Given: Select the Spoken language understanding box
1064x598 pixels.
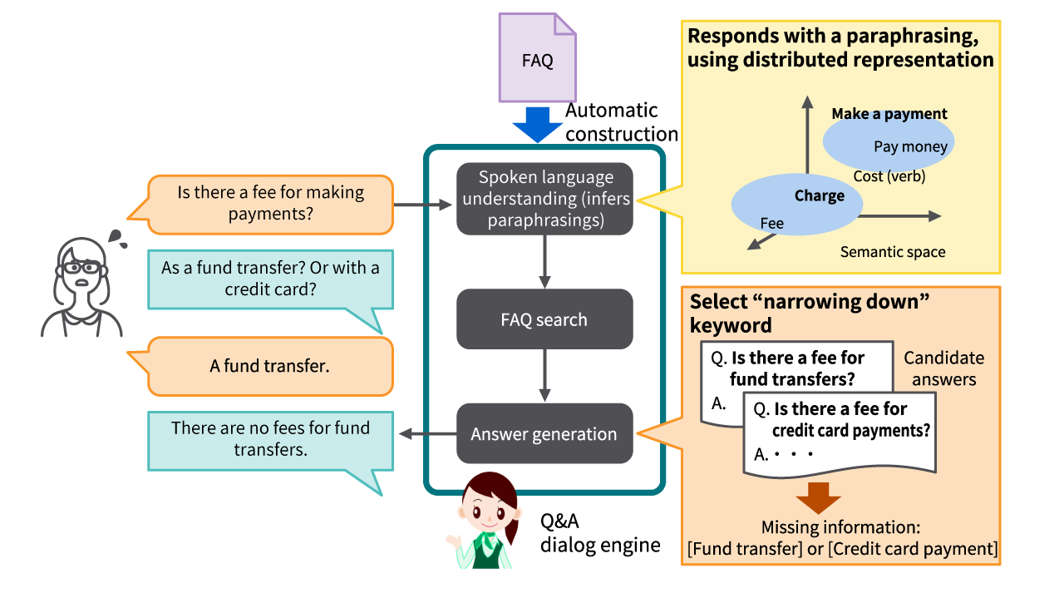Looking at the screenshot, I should pos(544,199).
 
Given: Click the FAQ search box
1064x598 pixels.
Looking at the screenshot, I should pos(544,319).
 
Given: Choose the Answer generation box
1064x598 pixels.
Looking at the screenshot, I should pos(544,434).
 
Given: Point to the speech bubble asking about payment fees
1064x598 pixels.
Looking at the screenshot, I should pos(271,203).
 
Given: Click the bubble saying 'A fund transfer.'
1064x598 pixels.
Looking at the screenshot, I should pos(271,365).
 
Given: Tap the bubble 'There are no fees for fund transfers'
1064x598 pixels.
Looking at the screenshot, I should pos(271,439).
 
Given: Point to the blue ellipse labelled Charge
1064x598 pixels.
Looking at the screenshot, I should pos(796,204).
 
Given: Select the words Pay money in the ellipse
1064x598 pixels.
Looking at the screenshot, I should pos(910,147).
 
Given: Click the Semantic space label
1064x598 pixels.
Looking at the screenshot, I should pos(892,252).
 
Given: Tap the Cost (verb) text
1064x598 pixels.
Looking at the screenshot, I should pos(889,176).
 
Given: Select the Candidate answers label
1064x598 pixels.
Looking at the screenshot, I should pos(943,368).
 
